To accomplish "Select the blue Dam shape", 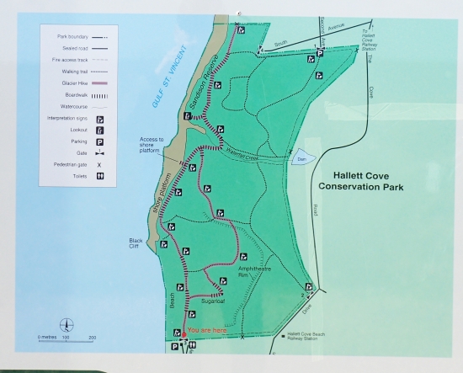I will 301,158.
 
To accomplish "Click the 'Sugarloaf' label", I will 216,299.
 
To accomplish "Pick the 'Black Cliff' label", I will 139,242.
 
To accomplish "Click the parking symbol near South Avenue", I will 320,54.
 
